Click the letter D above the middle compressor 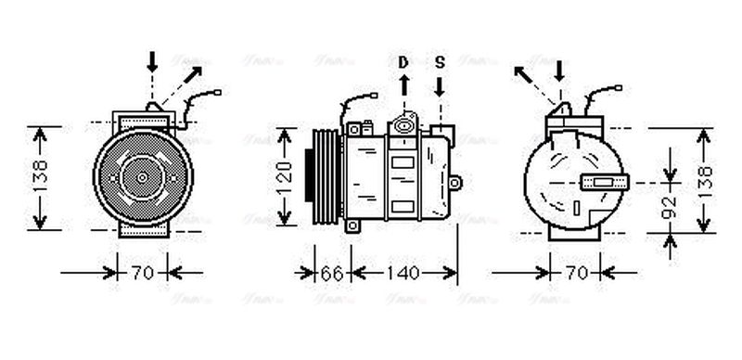[403, 62]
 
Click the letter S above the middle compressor [440, 62]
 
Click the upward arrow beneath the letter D [403, 86]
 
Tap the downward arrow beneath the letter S [440, 86]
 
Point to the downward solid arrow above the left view [153, 62]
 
